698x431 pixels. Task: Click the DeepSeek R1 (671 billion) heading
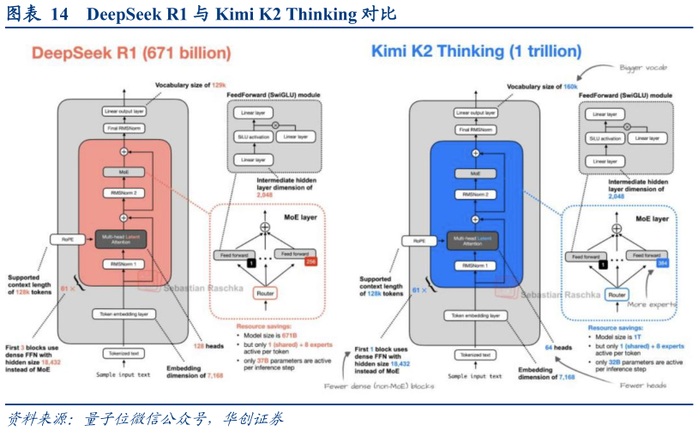click(x=131, y=53)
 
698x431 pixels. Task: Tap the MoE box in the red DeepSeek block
click(x=123, y=173)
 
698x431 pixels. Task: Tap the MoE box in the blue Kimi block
click(x=474, y=173)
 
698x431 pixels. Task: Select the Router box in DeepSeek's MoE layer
click(x=265, y=294)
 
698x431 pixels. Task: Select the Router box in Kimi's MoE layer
click(x=616, y=294)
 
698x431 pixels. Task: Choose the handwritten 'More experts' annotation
click(x=652, y=304)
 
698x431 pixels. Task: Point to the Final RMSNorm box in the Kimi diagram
click(x=474, y=130)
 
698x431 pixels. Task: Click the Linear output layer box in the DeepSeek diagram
click(x=123, y=112)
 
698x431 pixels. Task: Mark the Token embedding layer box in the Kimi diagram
click(x=474, y=314)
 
